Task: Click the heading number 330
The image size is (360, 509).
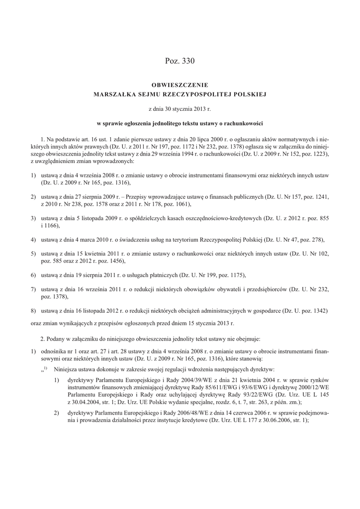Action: tap(188, 61)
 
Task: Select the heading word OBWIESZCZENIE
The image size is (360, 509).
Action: tap(180, 85)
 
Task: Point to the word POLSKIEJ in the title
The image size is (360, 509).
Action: tap(252, 93)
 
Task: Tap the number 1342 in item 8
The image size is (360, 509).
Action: tap(317, 312)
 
